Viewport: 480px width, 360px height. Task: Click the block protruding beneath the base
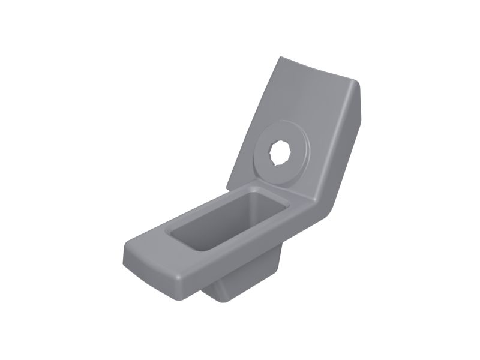240,282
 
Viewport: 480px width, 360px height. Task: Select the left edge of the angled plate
252,120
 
